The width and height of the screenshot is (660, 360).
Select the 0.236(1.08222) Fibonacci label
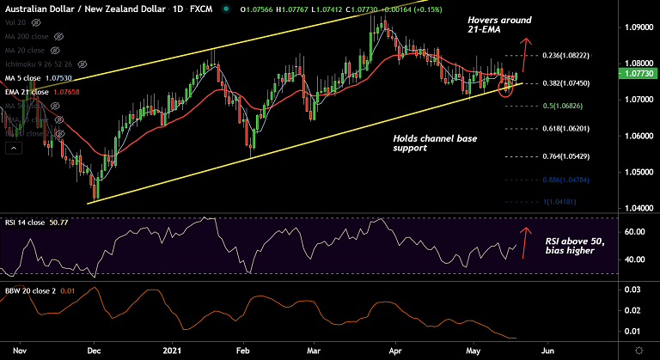click(x=567, y=56)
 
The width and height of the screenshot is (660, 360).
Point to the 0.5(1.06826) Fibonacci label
click(x=563, y=106)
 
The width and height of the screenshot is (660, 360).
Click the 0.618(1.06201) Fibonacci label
click(x=568, y=128)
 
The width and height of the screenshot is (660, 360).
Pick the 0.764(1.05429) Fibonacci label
click(x=568, y=156)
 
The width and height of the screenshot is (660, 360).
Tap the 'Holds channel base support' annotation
click(x=435, y=143)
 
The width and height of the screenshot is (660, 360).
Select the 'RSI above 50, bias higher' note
click(x=577, y=247)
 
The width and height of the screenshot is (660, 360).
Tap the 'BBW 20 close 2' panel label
click(x=32, y=291)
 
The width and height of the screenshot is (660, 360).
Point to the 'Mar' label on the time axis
click(x=315, y=350)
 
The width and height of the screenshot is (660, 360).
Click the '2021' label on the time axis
click(x=175, y=350)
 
